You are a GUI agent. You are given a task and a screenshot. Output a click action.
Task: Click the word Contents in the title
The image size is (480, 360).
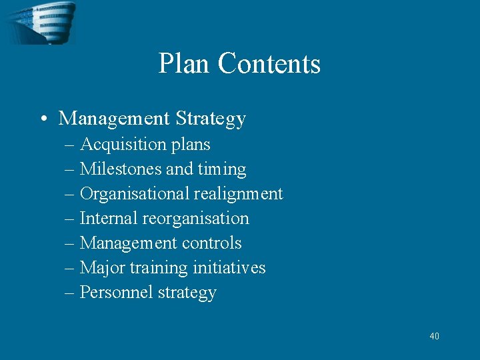click(x=269, y=64)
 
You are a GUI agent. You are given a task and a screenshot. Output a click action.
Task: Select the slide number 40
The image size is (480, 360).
click(x=434, y=336)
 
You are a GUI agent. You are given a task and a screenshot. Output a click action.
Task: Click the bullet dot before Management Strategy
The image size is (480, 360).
click(x=42, y=119)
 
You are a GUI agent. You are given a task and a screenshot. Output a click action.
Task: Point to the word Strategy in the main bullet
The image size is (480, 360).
click(x=211, y=119)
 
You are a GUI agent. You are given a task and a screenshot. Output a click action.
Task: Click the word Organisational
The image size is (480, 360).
click(x=135, y=194)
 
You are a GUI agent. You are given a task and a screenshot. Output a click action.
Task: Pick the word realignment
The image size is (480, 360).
click(x=239, y=194)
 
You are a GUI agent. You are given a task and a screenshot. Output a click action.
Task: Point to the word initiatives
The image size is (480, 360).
click(x=229, y=268)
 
